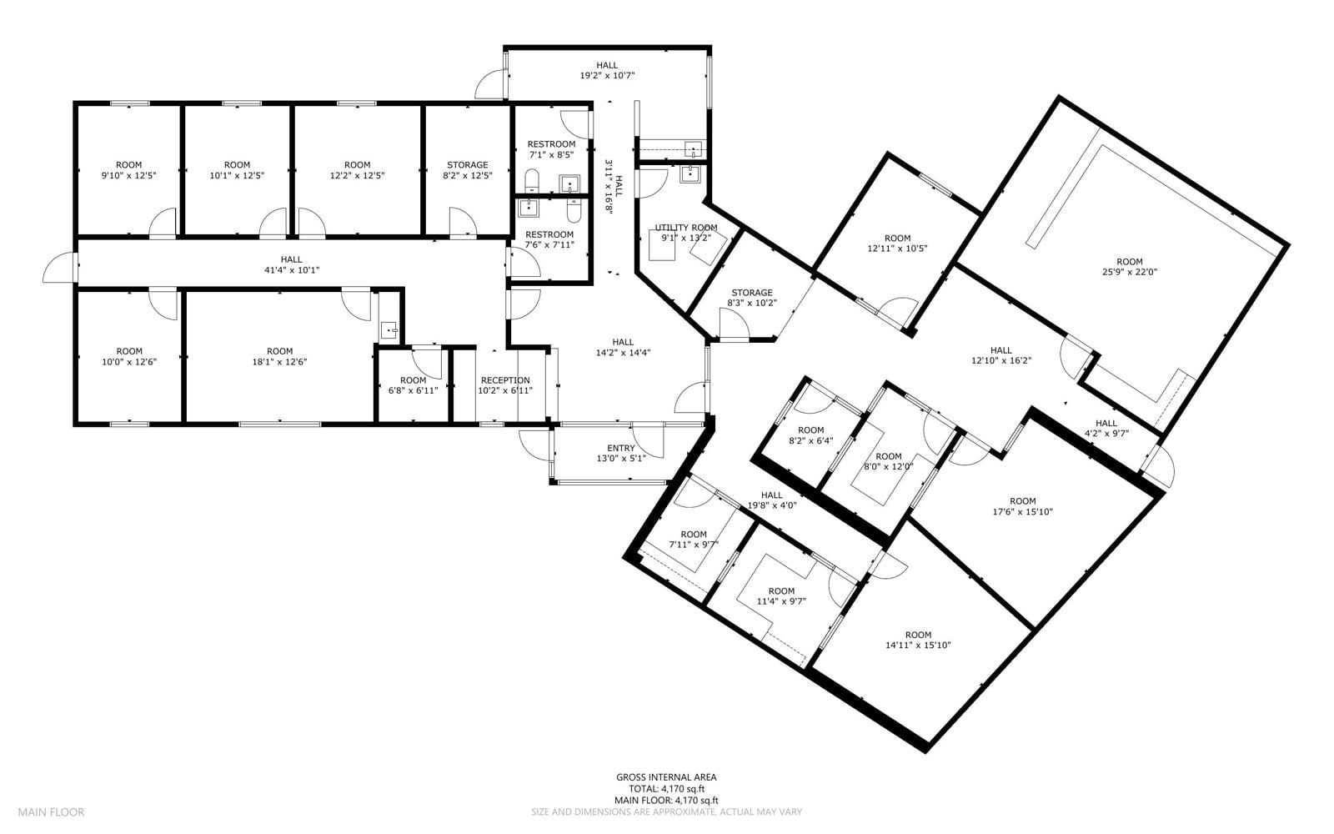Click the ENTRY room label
[620, 448]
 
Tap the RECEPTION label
[505, 380]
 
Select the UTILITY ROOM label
[686, 228]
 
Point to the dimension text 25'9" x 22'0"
[1129, 272]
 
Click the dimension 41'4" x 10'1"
[291, 270]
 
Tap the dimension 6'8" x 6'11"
[413, 391]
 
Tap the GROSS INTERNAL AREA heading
[666, 777]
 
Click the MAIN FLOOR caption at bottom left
[51, 812]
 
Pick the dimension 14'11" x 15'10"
[918, 645]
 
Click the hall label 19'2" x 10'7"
[607, 76]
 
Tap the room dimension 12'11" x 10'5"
[897, 249]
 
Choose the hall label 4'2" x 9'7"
[1106, 434]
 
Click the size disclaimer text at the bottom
[666, 812]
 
